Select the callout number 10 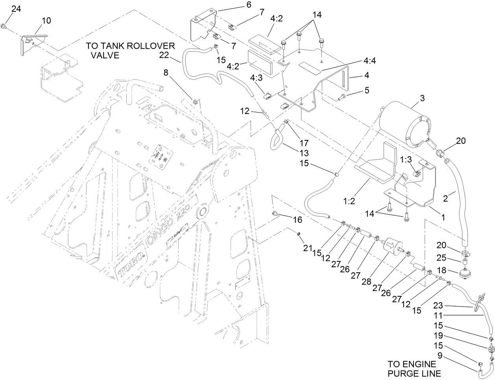tap(46, 20)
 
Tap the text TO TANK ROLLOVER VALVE tap(125, 51)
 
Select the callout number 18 tap(442, 270)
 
